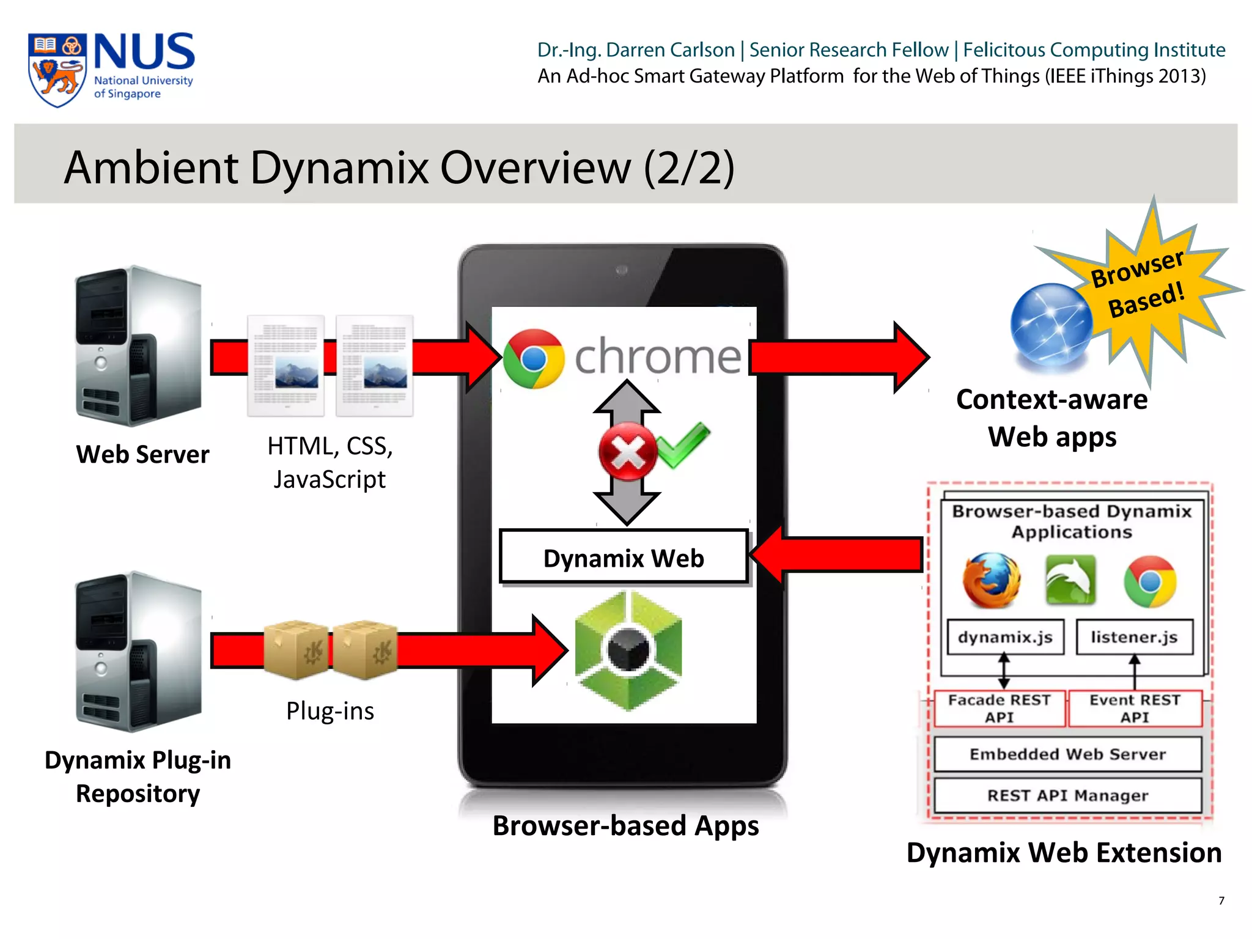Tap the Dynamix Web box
pos(624,558)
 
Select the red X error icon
pos(627,452)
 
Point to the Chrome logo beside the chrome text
pos(534,358)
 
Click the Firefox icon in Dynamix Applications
pos(992,580)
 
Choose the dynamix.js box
pos(1005,637)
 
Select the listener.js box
pos(1134,637)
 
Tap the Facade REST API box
pos(999,709)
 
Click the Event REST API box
pos(1135,709)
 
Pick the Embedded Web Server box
pos(1067,754)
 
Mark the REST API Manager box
pos(1067,795)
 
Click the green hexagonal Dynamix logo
pos(628,650)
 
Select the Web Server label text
pos(142,454)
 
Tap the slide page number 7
pos(1221,900)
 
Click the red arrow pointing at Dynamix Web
pos(838,554)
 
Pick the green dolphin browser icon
pos(1070,580)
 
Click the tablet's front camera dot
pos(622,270)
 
